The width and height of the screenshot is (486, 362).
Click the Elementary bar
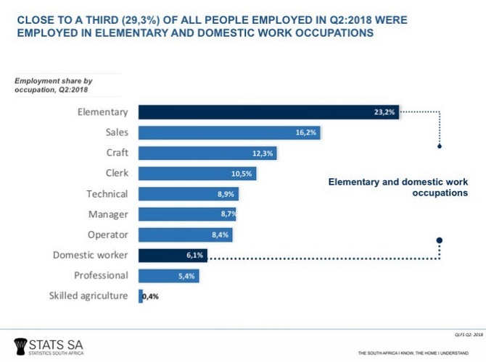coord(268,112)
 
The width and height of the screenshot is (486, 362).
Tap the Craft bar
coord(207,153)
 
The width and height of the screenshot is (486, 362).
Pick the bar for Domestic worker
coord(173,255)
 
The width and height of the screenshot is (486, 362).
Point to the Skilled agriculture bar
coord(141,295)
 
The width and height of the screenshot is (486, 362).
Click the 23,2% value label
coord(384,112)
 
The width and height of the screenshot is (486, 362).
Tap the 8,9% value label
coord(226,194)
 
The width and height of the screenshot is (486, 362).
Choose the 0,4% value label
coord(151,296)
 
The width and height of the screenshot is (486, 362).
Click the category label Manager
coord(110,214)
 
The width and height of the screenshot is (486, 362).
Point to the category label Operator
coord(109,235)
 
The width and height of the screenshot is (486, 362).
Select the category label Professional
coord(101,275)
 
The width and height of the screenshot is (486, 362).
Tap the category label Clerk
coord(115,173)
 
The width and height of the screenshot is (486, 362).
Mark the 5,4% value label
coord(186,276)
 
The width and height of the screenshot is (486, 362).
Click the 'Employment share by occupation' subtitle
coord(48,87)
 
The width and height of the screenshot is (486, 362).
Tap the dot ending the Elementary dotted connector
coord(438,146)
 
